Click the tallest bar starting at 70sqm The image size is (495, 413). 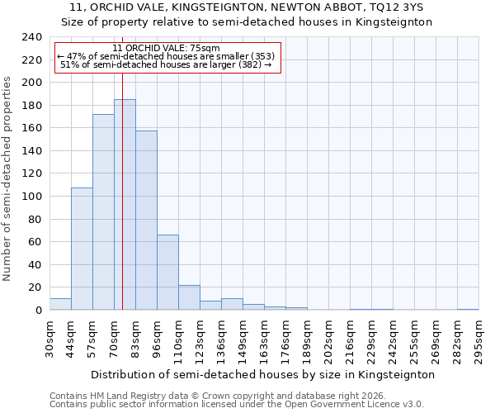tap(125, 205)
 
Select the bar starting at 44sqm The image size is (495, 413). tap(82, 249)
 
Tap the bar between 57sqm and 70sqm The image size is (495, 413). tap(103, 212)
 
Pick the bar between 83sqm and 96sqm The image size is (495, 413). tap(146, 221)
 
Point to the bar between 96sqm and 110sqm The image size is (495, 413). tap(167, 273)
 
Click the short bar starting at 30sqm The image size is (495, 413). tap(60, 304)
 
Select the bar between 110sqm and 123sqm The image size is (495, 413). tap(189, 297)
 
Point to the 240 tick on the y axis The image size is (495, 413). tap(32, 37)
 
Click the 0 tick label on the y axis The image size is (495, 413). tap(38, 310)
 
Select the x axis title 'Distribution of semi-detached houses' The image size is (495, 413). tap(262, 374)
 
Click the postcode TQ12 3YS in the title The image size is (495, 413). tap(389, 7)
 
